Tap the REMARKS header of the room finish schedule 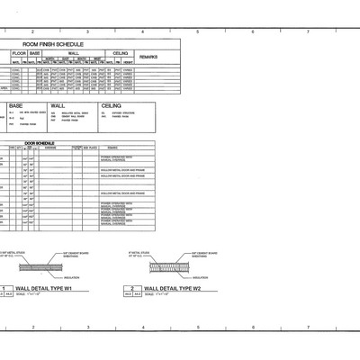(x=148, y=57)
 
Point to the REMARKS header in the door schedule (x=112, y=148)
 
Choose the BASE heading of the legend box (x=16, y=106)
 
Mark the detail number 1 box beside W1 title (x=4, y=288)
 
